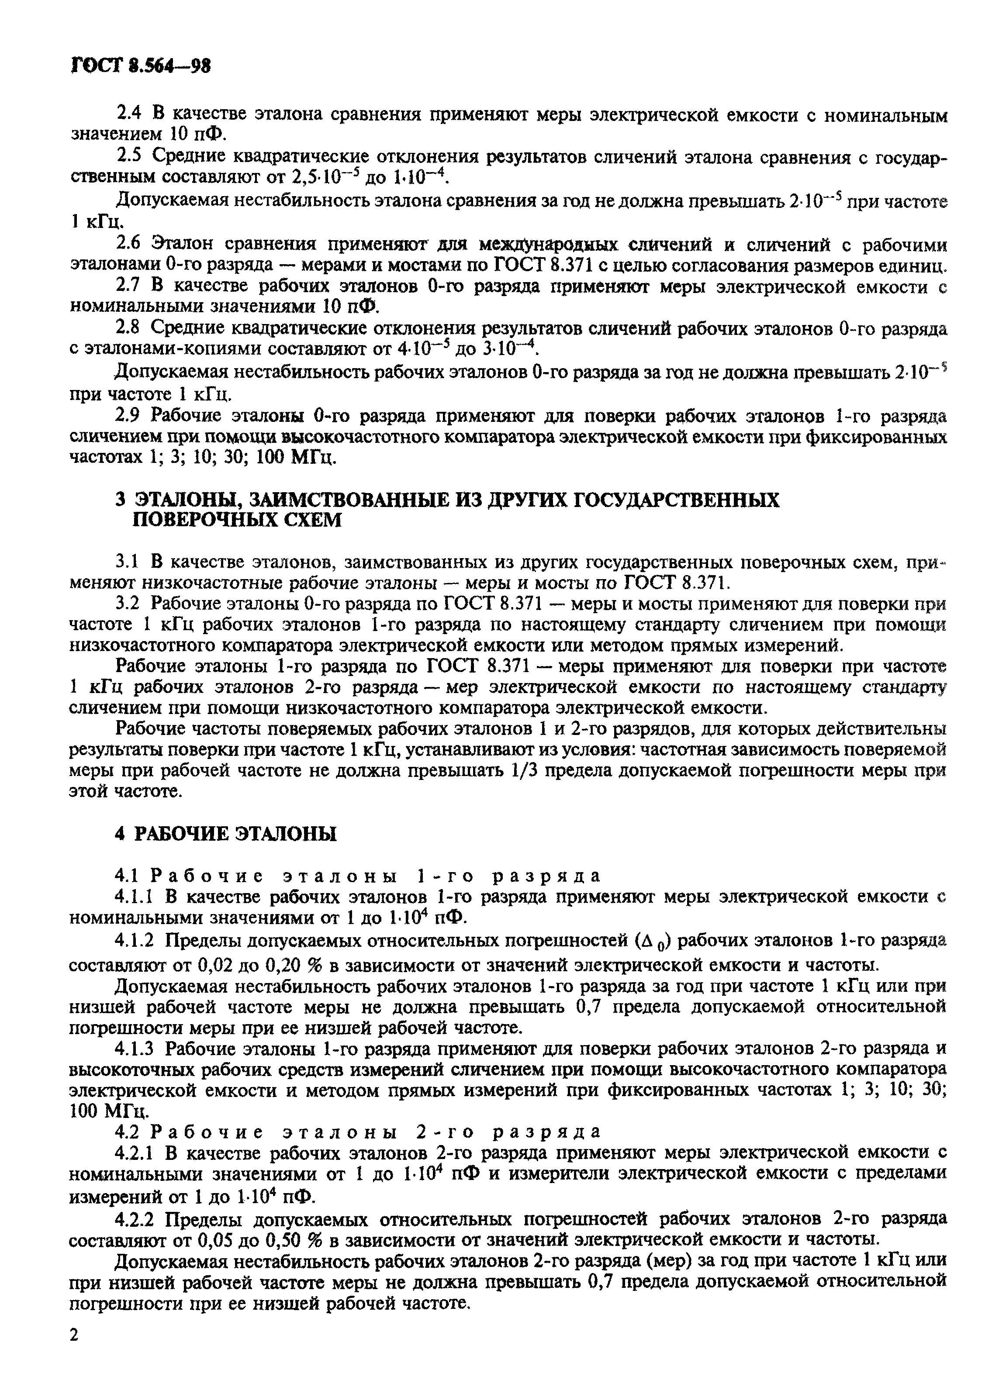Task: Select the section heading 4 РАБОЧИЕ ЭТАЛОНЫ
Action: (x=225, y=834)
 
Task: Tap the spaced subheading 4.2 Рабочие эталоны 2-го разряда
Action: (x=358, y=1132)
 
